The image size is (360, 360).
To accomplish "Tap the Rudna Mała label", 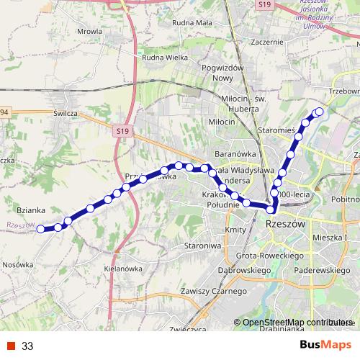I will point(190,22).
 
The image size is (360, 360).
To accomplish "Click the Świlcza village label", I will point(66,113).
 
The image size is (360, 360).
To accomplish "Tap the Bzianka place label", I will point(31,210).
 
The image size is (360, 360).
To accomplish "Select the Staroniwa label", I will point(201,246).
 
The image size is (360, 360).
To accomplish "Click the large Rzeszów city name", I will point(286,224).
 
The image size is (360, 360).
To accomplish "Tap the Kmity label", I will point(235,230).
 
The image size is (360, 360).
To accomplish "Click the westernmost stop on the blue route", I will point(41,229).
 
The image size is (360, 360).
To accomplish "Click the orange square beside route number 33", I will point(10,346).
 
